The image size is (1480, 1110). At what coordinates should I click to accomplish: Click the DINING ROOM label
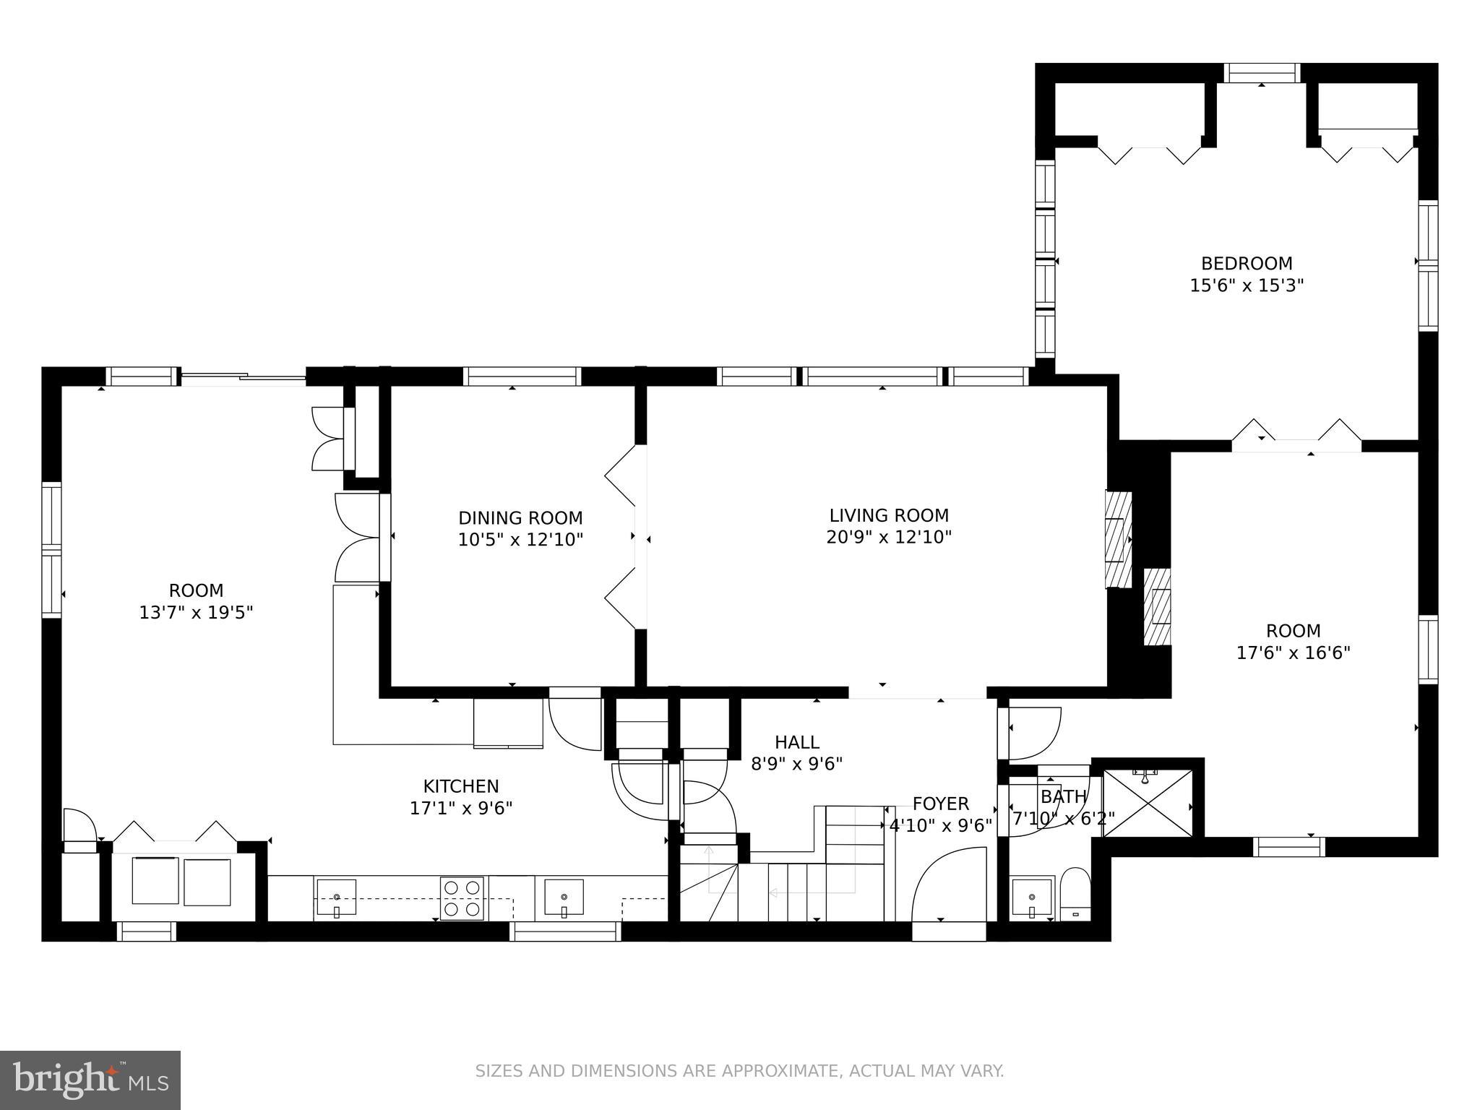coord(520,518)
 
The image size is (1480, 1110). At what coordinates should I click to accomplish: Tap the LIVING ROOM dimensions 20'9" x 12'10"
coord(889,537)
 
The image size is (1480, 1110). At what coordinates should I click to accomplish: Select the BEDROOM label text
coord(1247,263)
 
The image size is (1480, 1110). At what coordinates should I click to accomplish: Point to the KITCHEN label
coord(461,786)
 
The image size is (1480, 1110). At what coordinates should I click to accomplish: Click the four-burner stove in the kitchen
coord(462,898)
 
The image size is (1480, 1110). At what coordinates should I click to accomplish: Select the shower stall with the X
coord(1148,803)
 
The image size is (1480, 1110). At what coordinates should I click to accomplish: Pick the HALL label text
coord(796,742)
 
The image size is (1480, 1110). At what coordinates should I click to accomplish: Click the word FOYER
coord(940,804)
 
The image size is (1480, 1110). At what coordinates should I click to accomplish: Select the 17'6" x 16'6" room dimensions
coord(1293,653)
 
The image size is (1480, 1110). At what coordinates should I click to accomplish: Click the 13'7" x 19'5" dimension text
coord(196,613)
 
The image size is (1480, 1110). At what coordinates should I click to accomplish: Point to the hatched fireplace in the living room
coord(1119,540)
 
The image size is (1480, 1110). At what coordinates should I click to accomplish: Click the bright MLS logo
coord(90,1080)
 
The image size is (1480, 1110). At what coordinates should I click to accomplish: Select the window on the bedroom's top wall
coord(1262,73)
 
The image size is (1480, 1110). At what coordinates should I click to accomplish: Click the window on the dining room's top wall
coord(522,377)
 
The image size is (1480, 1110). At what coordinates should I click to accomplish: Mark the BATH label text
coord(1063,796)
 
